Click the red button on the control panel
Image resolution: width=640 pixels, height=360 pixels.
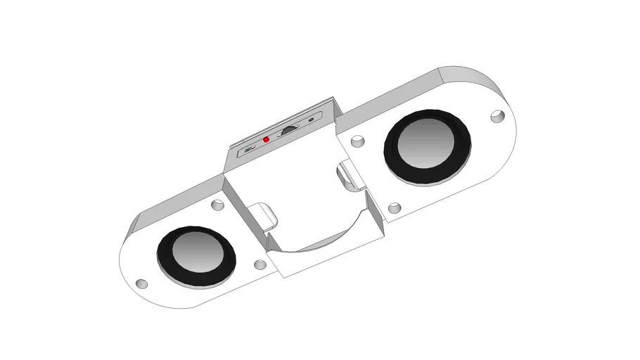point(266,140)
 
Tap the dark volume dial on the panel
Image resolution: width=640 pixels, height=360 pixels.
point(289,130)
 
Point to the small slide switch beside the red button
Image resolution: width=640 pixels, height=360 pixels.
point(249,149)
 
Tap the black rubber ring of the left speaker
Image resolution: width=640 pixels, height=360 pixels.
point(167,266)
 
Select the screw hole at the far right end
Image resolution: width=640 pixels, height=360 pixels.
point(498,115)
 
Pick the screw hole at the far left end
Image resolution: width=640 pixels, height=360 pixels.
point(141,284)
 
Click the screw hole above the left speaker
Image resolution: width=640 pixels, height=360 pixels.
point(218,206)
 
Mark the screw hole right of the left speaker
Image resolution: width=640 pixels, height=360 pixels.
point(260,265)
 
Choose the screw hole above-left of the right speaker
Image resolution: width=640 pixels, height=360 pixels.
point(358,141)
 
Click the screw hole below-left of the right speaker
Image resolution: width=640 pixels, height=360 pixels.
point(395,208)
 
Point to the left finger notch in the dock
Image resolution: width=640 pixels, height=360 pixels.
point(262,214)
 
